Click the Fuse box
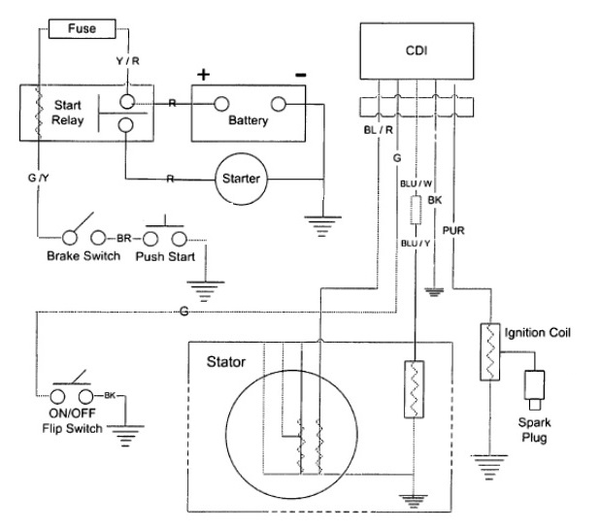click(82, 29)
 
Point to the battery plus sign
click(203, 74)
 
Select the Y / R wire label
click(127, 61)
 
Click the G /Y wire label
click(39, 178)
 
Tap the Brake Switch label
click(83, 256)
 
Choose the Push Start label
click(166, 256)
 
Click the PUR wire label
click(454, 230)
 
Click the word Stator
click(226, 363)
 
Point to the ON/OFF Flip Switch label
click(70, 420)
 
